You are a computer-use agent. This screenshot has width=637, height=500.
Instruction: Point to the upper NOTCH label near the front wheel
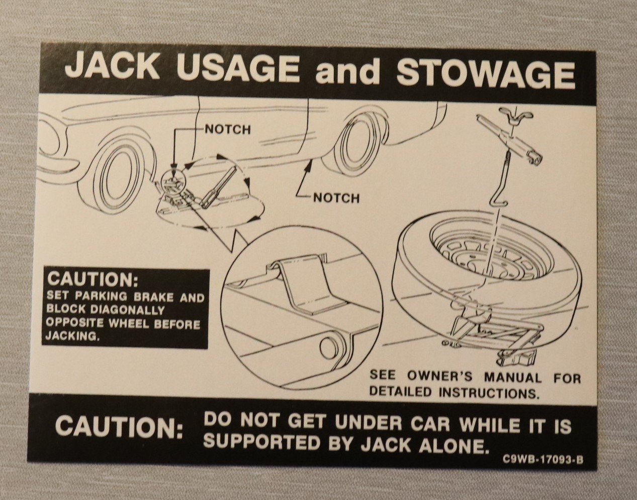[x=228, y=129]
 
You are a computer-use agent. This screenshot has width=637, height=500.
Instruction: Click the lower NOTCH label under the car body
[x=336, y=199]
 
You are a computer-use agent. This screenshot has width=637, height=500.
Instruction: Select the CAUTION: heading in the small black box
[x=93, y=280]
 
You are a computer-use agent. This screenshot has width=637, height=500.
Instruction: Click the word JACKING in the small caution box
[x=71, y=336]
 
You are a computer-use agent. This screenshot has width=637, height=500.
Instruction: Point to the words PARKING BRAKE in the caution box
[x=124, y=297]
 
